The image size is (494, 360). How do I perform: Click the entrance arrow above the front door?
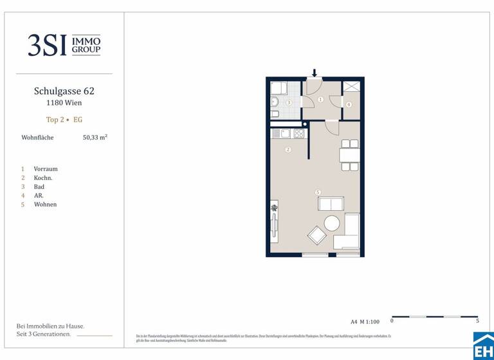[x=315, y=73]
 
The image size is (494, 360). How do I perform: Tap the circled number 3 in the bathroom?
[x=289, y=103]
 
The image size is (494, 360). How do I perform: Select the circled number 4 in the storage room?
[x=349, y=104]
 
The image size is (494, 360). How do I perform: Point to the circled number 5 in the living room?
[x=318, y=192]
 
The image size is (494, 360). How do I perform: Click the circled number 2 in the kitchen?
[x=288, y=150]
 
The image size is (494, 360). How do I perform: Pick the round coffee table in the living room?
[x=332, y=223]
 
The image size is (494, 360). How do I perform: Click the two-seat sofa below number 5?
[x=331, y=204]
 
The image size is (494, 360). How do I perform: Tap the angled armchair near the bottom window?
[x=317, y=235]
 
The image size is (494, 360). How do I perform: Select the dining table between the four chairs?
[x=350, y=155]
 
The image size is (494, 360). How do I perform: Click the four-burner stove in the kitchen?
[x=299, y=134]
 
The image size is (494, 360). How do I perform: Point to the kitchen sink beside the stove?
[x=285, y=134]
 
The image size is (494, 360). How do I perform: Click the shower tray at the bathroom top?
[x=279, y=88]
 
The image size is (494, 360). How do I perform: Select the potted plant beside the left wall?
[x=275, y=208]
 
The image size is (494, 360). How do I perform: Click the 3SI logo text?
[x=47, y=45]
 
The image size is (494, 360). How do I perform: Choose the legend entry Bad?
[x=39, y=186]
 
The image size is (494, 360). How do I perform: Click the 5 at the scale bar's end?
[x=477, y=320]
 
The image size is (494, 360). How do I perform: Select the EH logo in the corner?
[x=483, y=346]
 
